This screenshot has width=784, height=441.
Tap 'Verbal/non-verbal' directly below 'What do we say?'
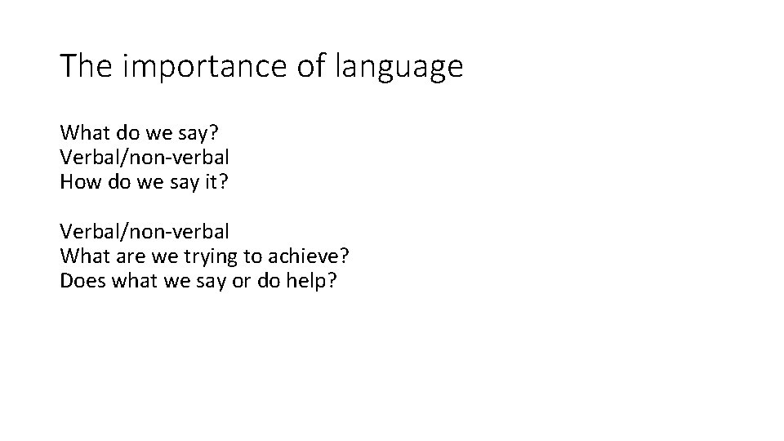click(145, 157)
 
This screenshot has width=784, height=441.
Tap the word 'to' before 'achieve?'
click(252, 256)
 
